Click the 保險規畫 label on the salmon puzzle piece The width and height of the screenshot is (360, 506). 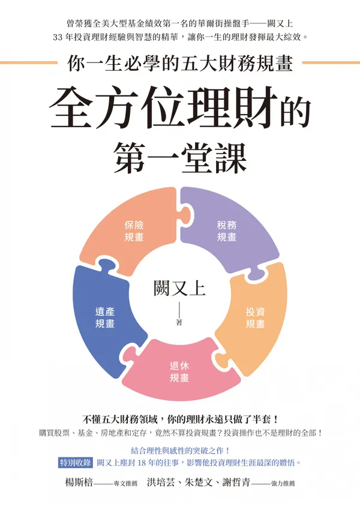pyautogui.click(x=134, y=231)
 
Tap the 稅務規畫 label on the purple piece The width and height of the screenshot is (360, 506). pyautogui.click(x=226, y=231)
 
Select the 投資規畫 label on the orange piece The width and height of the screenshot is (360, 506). pyautogui.click(x=255, y=318)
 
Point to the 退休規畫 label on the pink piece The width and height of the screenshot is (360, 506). pyautogui.click(x=179, y=372)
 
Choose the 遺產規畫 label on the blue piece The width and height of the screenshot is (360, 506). pyautogui.click(x=105, y=318)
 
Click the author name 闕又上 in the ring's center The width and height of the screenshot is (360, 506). pyautogui.click(x=179, y=288)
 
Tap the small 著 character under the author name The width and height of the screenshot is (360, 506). pyautogui.click(x=179, y=322)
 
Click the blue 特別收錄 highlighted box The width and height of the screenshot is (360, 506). pyautogui.click(x=76, y=462)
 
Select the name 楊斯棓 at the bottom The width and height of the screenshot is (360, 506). pyautogui.click(x=79, y=483)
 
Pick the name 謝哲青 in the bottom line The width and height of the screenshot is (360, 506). pyautogui.click(x=236, y=483)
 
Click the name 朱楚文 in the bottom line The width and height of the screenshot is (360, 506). pyautogui.click(x=199, y=483)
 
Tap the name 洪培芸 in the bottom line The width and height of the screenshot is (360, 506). pyautogui.click(x=161, y=483)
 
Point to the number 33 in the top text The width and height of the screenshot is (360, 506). pyautogui.click(x=58, y=37)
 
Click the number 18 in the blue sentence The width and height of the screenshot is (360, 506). pyautogui.click(x=142, y=463)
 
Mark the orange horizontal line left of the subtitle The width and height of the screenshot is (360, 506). pyautogui.click(x=29, y=62)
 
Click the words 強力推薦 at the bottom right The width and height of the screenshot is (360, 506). pyautogui.click(x=283, y=483)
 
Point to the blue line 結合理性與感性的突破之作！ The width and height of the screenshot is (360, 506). pyautogui.click(x=181, y=450)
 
